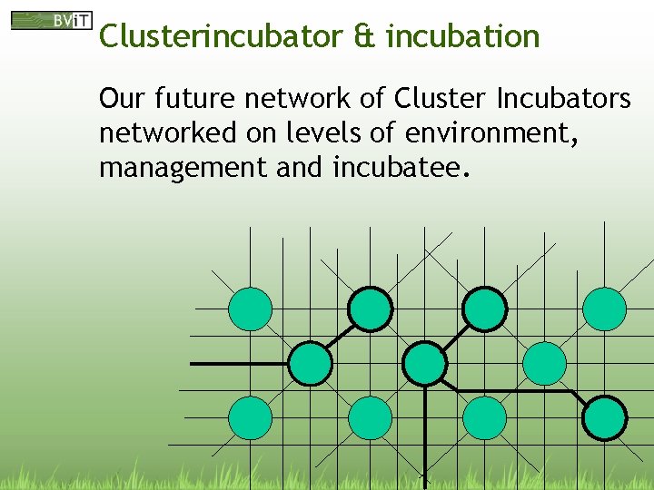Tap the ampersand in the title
coord(362,36)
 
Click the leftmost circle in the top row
coord(250,309)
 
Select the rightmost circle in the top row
coord(604,309)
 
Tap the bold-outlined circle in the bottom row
coord(604,418)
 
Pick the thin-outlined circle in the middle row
coord(545,364)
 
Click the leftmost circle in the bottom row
coord(250,418)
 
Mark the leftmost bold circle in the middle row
coord(310,364)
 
